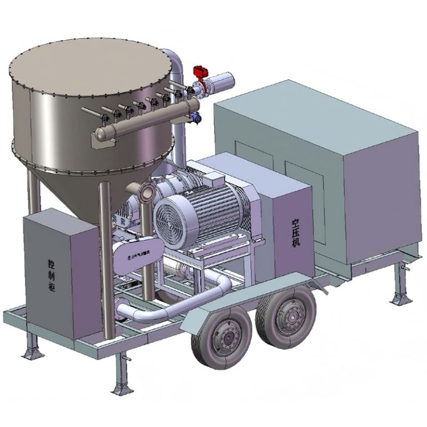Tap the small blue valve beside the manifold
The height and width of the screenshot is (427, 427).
pos(195,116)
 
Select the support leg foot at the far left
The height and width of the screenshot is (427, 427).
pos(29,354)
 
